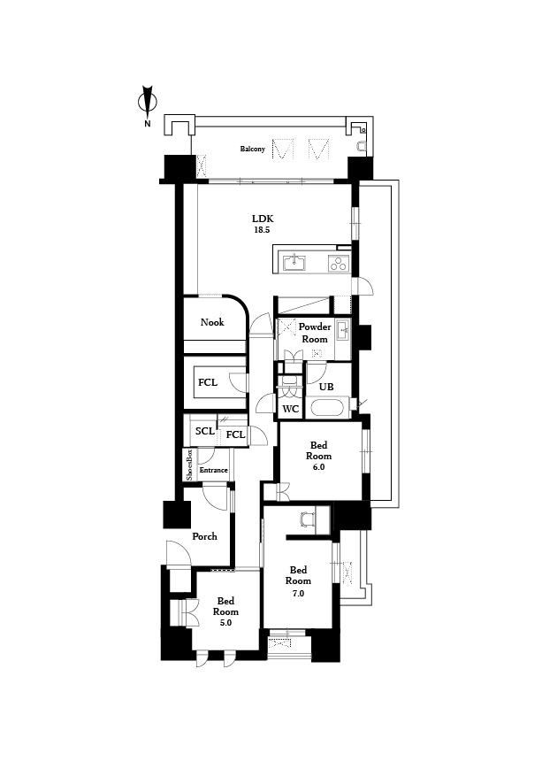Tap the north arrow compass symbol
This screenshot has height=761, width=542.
(x=148, y=103)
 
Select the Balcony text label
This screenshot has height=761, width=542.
(x=253, y=149)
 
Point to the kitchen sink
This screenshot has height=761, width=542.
(x=294, y=263)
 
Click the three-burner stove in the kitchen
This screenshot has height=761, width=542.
(x=339, y=263)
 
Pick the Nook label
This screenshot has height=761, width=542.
(x=212, y=322)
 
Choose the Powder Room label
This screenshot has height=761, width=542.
(x=315, y=333)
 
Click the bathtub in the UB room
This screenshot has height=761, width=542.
(x=330, y=407)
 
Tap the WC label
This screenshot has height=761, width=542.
(x=290, y=409)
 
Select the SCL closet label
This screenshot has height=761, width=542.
(x=204, y=431)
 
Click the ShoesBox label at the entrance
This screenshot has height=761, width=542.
(x=189, y=465)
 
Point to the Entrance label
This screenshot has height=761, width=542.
(x=214, y=470)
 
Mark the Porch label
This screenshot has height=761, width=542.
(x=204, y=536)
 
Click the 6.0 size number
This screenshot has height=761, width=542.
(x=318, y=467)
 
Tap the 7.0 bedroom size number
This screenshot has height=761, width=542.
(x=298, y=593)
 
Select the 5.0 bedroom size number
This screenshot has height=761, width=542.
(x=225, y=623)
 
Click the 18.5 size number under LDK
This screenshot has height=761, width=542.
(x=262, y=230)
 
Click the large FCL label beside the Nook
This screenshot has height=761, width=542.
(x=208, y=382)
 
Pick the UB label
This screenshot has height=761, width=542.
(x=326, y=387)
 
